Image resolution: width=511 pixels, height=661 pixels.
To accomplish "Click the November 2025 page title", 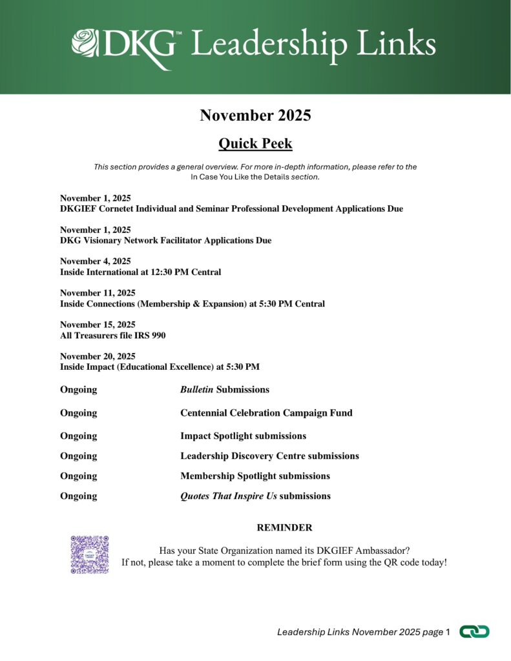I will point(255,116).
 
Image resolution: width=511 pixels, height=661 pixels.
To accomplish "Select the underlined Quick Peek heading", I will point(255,143).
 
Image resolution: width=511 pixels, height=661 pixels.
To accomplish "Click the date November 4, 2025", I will point(96,261).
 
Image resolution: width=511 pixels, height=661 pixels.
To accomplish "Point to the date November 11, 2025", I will point(98,292).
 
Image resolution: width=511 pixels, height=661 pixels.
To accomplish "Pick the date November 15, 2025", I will point(98,324).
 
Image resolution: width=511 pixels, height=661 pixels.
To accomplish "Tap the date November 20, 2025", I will point(98,356).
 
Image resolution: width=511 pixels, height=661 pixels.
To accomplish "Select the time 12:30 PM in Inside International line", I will point(179,272).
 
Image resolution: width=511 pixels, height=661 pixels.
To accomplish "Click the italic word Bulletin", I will point(196,389).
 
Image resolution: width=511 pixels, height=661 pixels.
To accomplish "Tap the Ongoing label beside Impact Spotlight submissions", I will point(78,436).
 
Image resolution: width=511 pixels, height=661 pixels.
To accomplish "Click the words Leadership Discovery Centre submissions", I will point(269,456).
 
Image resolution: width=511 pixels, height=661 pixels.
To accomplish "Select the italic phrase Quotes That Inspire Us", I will point(228,496).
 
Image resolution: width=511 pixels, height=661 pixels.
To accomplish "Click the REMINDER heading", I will point(284,527).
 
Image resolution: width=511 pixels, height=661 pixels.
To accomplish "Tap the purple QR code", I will point(89,554).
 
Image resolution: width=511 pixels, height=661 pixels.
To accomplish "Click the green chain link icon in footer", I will point(474,632).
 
